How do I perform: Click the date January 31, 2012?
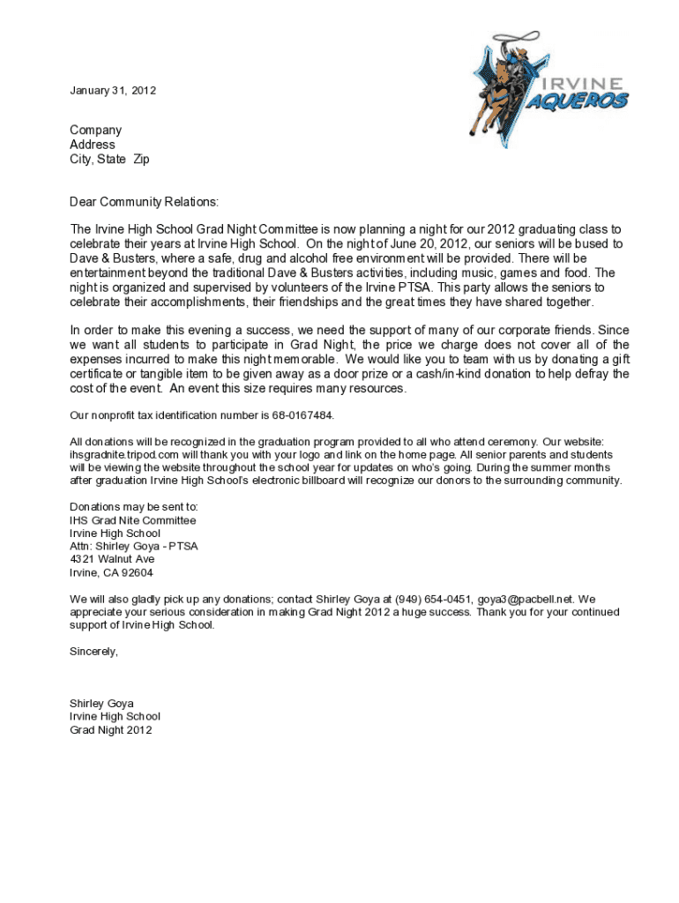coord(113,91)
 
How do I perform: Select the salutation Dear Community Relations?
coord(144,203)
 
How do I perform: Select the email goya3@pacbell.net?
coord(521,600)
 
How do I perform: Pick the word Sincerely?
coord(93,652)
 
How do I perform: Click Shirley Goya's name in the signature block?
coord(101,704)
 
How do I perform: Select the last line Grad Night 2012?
coord(110,730)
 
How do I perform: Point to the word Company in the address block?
coord(96,131)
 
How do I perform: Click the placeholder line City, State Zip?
coord(110,160)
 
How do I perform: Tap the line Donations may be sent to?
coord(134,507)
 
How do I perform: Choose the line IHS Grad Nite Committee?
coord(132,520)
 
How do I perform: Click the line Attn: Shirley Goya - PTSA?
coord(133,546)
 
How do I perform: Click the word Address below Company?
coord(93,145)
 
